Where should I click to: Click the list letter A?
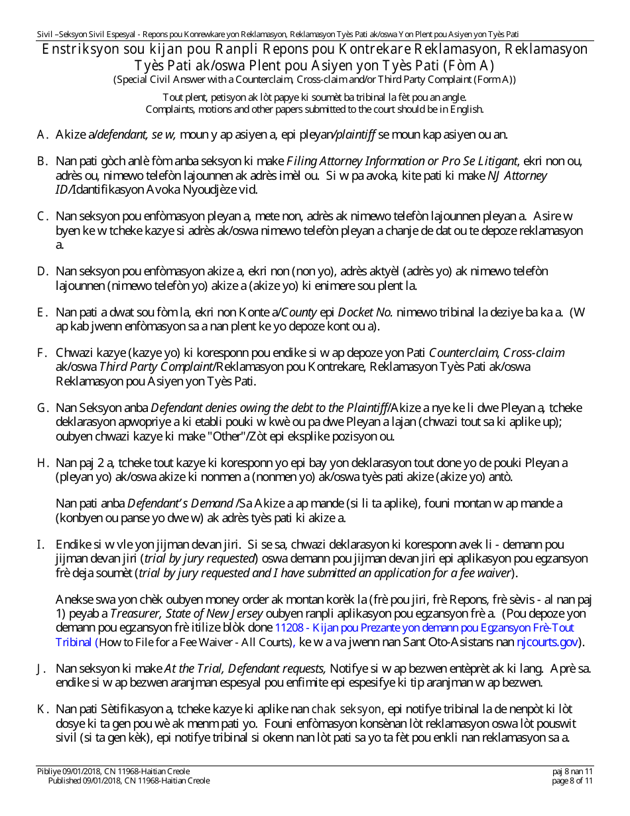(x=41, y=135)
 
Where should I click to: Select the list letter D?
(x=41, y=272)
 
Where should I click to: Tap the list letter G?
(x=41, y=408)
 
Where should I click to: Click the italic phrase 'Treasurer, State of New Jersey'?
(x=187, y=614)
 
